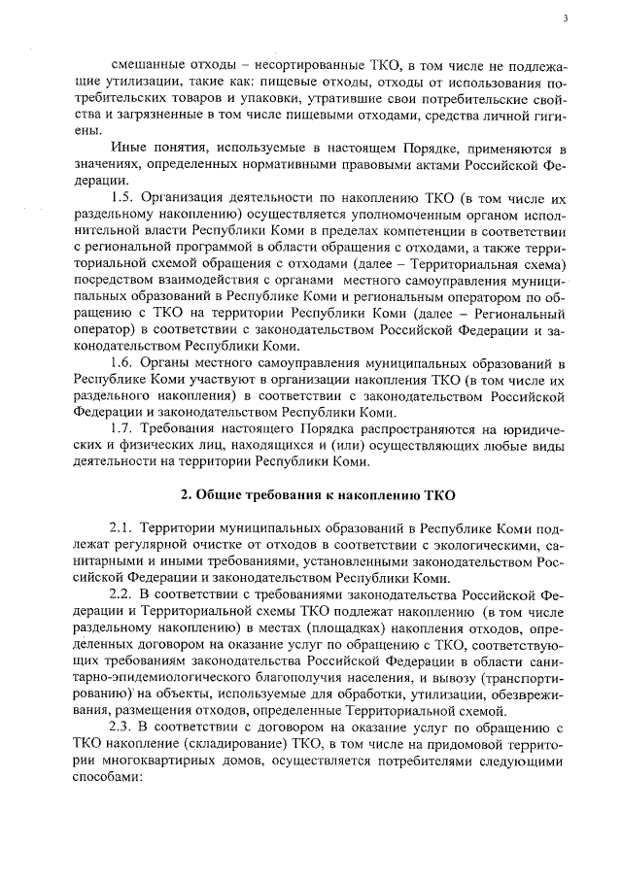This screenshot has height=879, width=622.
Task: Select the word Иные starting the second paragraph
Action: coord(157,152)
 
